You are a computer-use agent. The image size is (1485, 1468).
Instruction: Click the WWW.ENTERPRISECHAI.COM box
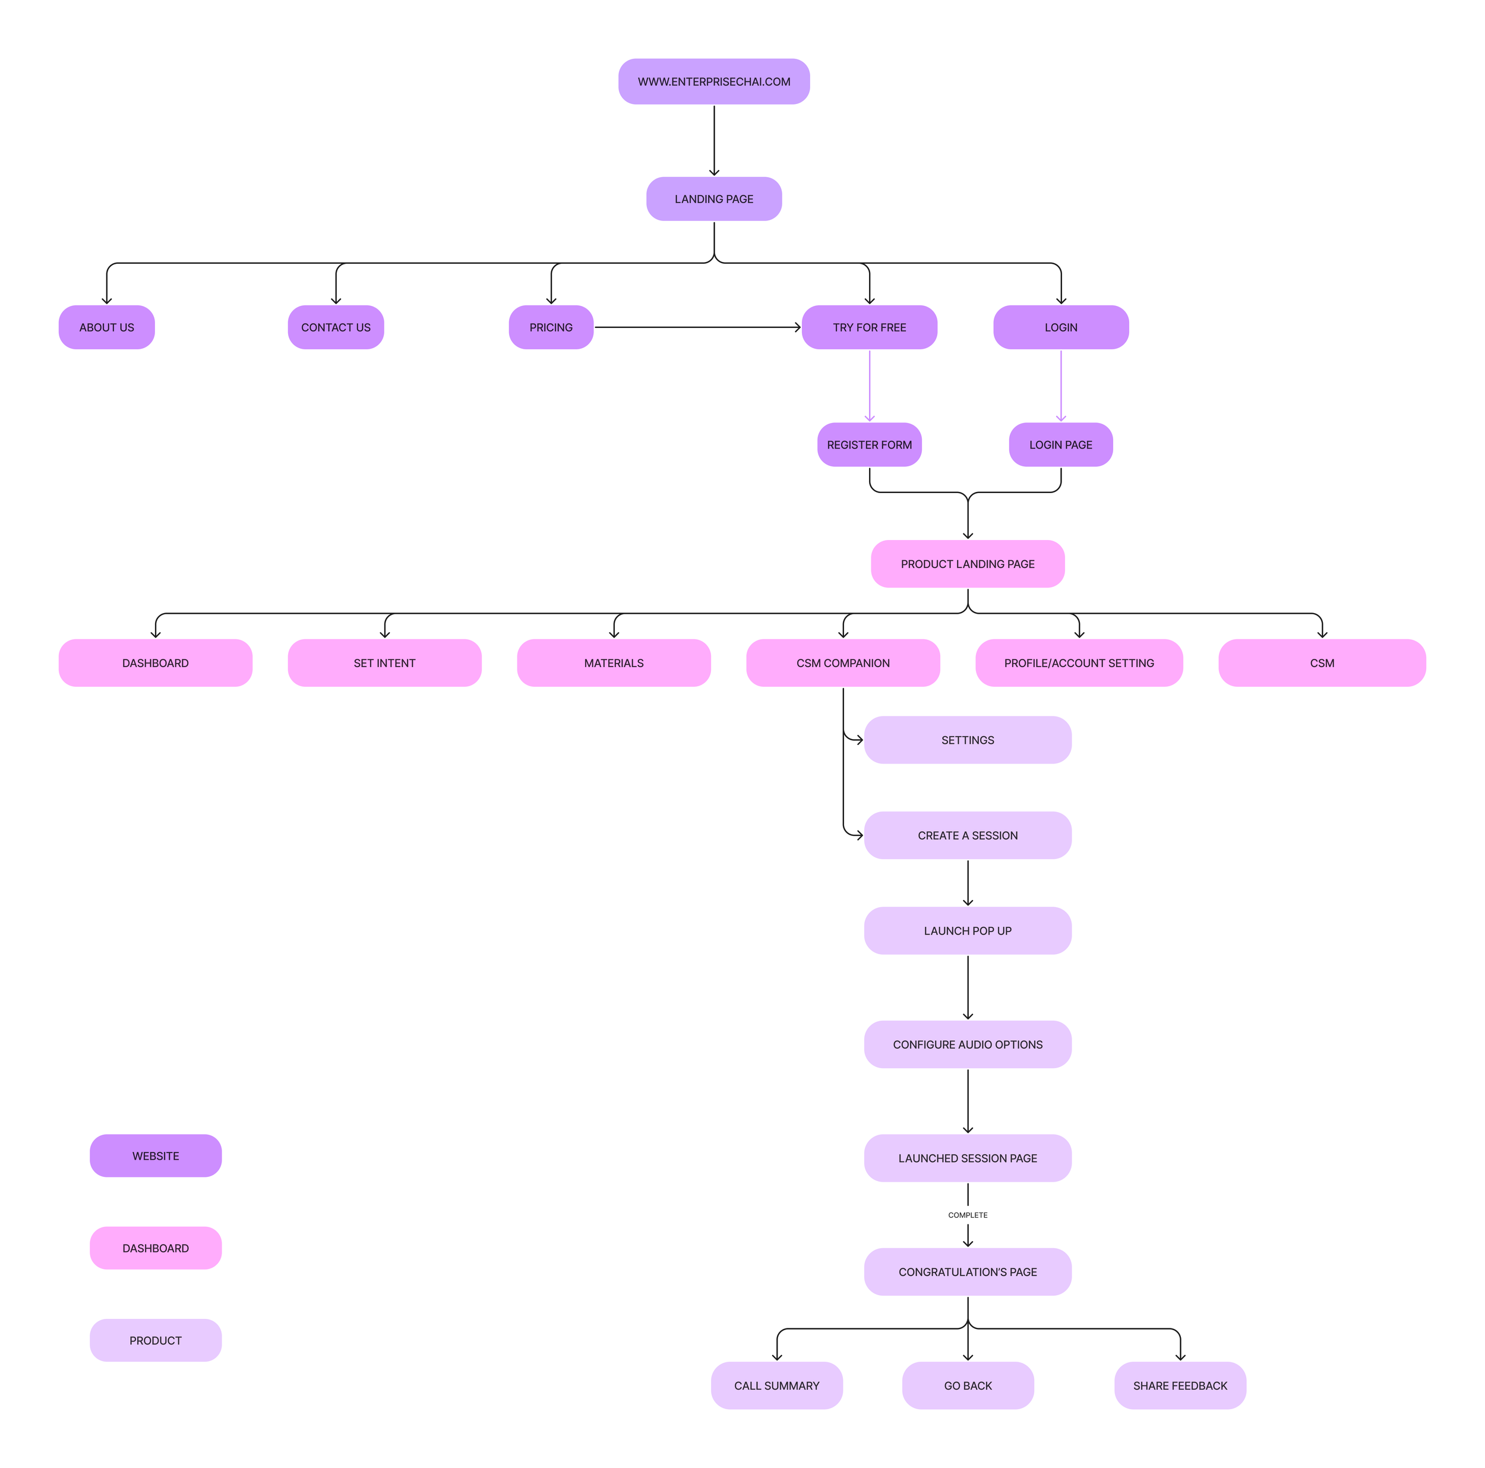713,81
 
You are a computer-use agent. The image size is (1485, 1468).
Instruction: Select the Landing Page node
713,199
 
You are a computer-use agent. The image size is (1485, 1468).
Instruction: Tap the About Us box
107,327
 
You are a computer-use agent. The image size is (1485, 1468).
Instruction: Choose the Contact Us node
336,327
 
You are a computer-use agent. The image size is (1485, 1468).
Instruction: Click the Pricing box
551,327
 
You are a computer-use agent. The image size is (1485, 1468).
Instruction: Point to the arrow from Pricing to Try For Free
697,327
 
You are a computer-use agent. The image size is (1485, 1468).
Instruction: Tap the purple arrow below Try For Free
870,385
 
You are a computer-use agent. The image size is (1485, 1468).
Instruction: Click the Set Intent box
384,662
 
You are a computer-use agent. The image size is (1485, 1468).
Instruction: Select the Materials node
614,662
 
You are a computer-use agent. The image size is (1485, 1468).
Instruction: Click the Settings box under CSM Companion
967,740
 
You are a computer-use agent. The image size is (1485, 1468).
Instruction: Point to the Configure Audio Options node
967,1044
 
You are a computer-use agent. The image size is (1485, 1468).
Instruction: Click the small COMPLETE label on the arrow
967,1214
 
